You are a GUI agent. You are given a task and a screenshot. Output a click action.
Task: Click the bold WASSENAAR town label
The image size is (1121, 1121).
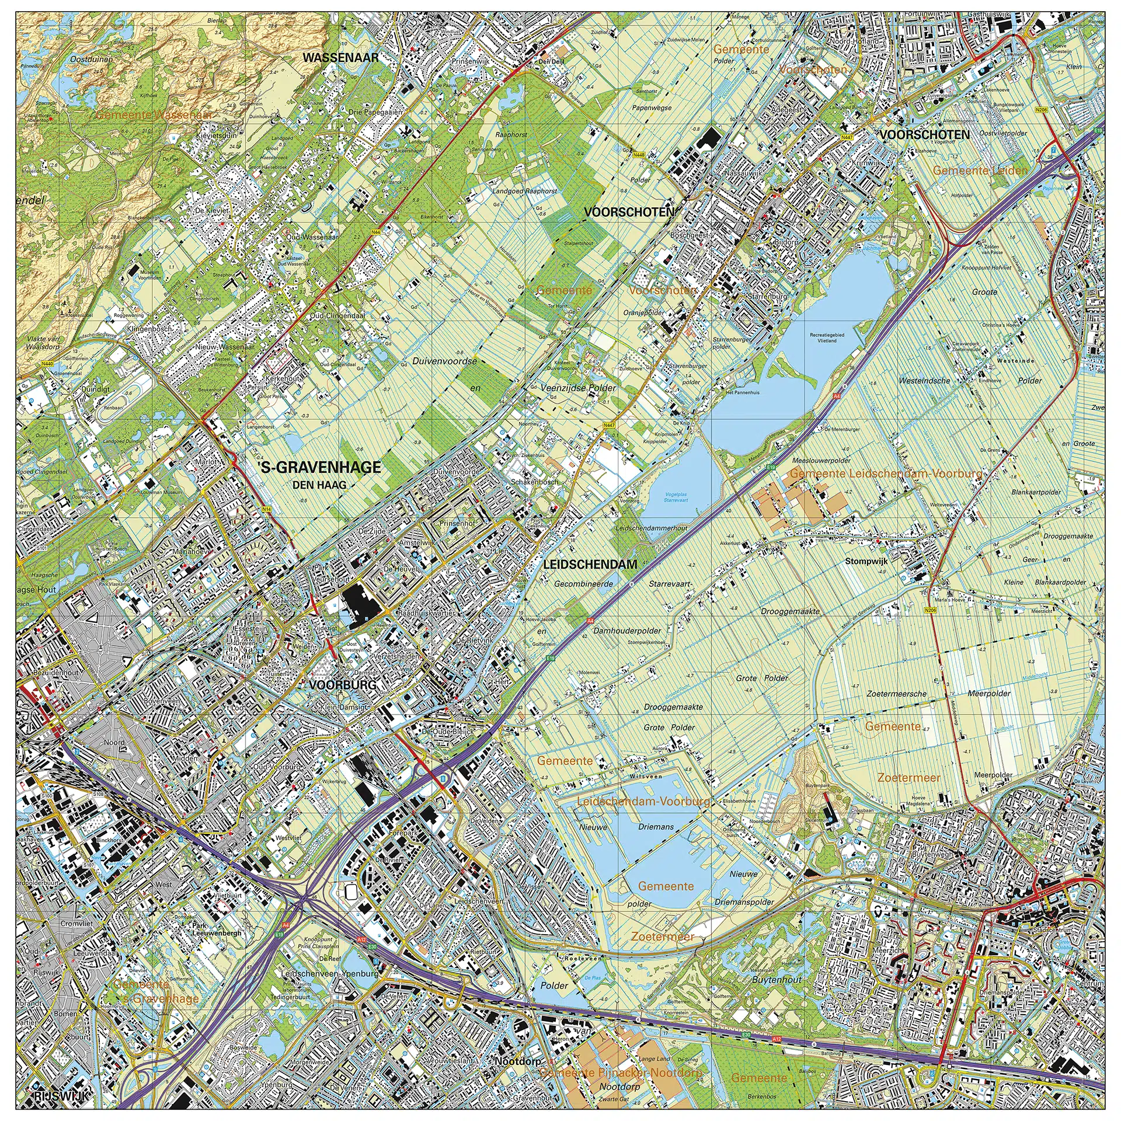341,57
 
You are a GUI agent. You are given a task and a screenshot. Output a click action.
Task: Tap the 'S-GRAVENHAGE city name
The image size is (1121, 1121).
321,467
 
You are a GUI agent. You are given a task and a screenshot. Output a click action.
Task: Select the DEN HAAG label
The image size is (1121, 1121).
319,485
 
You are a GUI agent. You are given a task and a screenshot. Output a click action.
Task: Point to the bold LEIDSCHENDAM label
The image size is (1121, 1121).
590,565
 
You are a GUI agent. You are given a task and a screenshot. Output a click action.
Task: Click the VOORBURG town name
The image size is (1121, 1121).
343,685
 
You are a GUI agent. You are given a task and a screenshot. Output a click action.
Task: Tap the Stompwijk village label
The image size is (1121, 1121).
866,561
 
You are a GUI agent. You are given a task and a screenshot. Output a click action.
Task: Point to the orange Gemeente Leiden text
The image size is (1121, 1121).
980,170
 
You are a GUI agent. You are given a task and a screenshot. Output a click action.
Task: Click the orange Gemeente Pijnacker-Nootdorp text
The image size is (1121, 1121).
621,1073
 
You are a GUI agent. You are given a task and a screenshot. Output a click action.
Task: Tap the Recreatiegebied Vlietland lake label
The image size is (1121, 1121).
827,337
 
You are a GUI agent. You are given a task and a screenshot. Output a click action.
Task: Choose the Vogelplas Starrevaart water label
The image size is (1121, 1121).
676,497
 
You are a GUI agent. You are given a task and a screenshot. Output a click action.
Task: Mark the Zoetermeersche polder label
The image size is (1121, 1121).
896,694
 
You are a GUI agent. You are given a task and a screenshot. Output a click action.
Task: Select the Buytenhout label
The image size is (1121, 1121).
777,980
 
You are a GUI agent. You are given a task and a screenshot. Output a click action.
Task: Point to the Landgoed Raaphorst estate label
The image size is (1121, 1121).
525,191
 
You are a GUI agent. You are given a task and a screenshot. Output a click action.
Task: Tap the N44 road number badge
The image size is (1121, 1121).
375,232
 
